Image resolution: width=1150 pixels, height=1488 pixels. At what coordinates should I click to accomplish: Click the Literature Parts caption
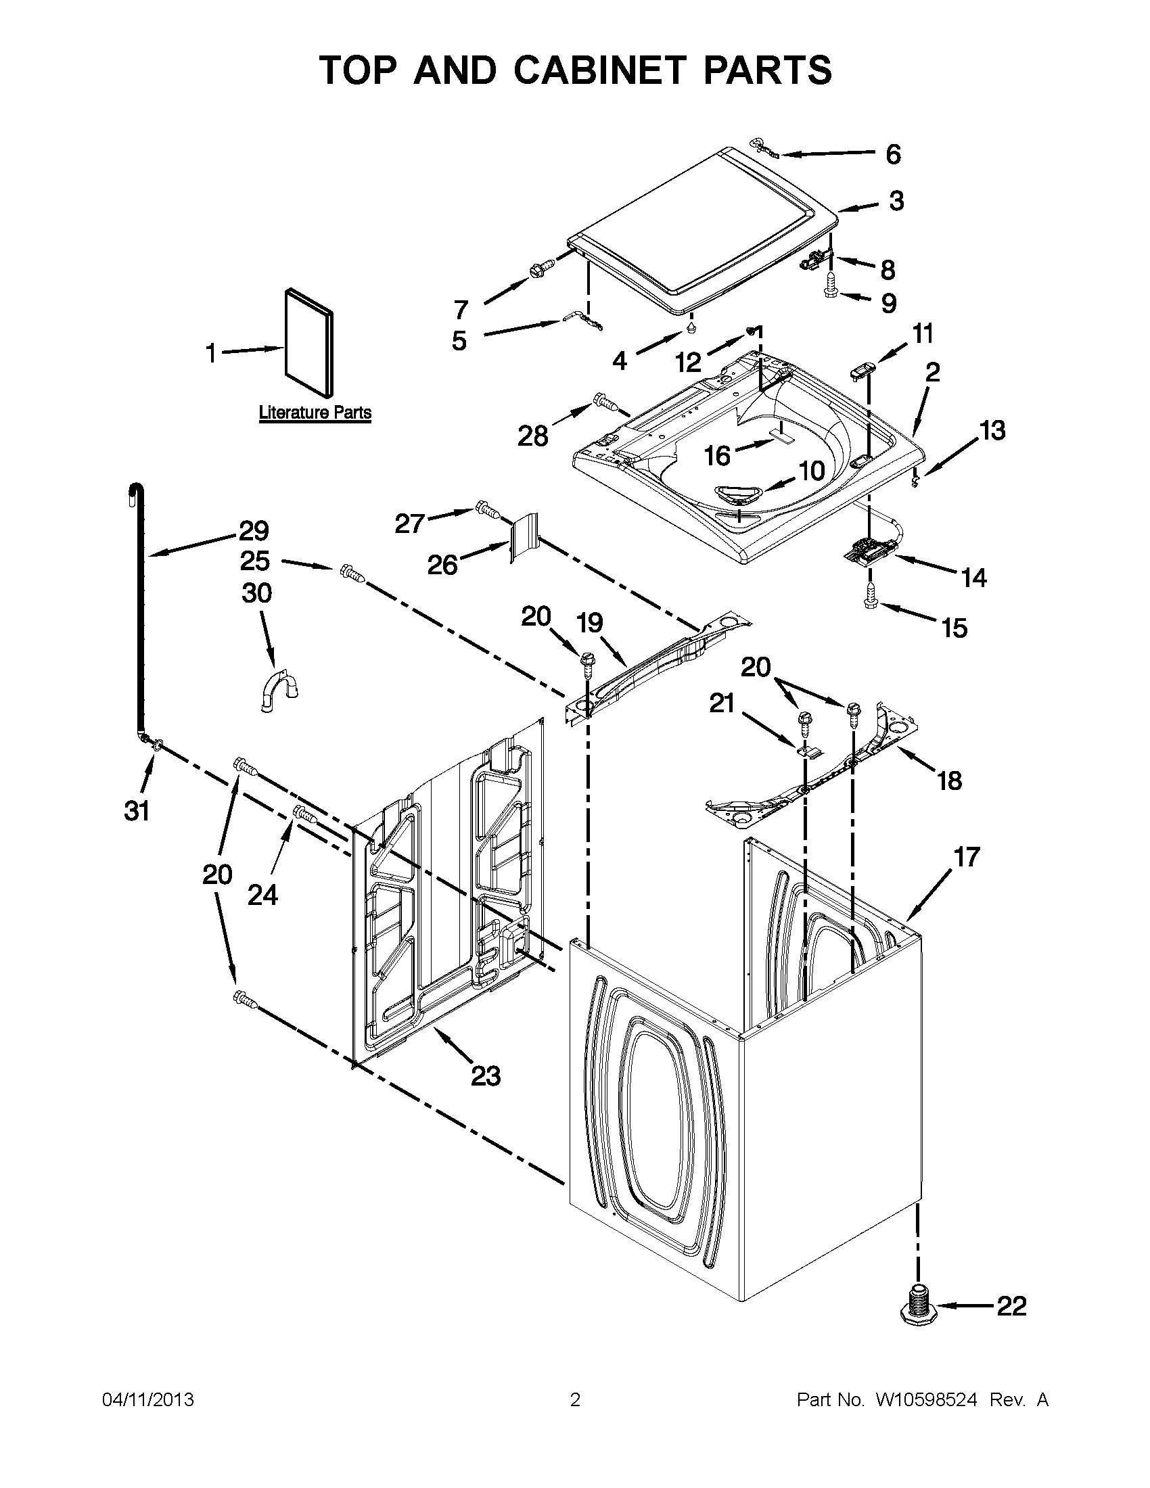tap(315, 412)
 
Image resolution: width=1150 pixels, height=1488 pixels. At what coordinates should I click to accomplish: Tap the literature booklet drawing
tap(308, 343)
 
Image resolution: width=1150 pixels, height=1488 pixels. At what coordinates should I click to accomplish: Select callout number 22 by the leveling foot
tap(1011, 1306)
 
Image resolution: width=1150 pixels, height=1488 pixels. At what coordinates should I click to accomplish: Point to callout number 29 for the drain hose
tap(254, 531)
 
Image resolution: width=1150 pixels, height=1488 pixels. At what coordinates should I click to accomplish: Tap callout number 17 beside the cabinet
tap(967, 857)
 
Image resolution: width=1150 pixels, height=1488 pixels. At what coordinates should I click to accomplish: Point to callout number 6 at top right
tap(893, 154)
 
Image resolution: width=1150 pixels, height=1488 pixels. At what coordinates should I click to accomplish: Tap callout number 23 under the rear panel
tap(486, 1076)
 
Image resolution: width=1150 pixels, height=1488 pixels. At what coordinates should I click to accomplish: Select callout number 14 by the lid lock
tap(974, 578)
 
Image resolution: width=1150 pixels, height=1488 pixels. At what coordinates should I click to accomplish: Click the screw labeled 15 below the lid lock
tap(871, 595)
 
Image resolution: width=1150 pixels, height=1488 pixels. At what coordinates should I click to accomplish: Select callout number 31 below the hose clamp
tap(136, 811)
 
